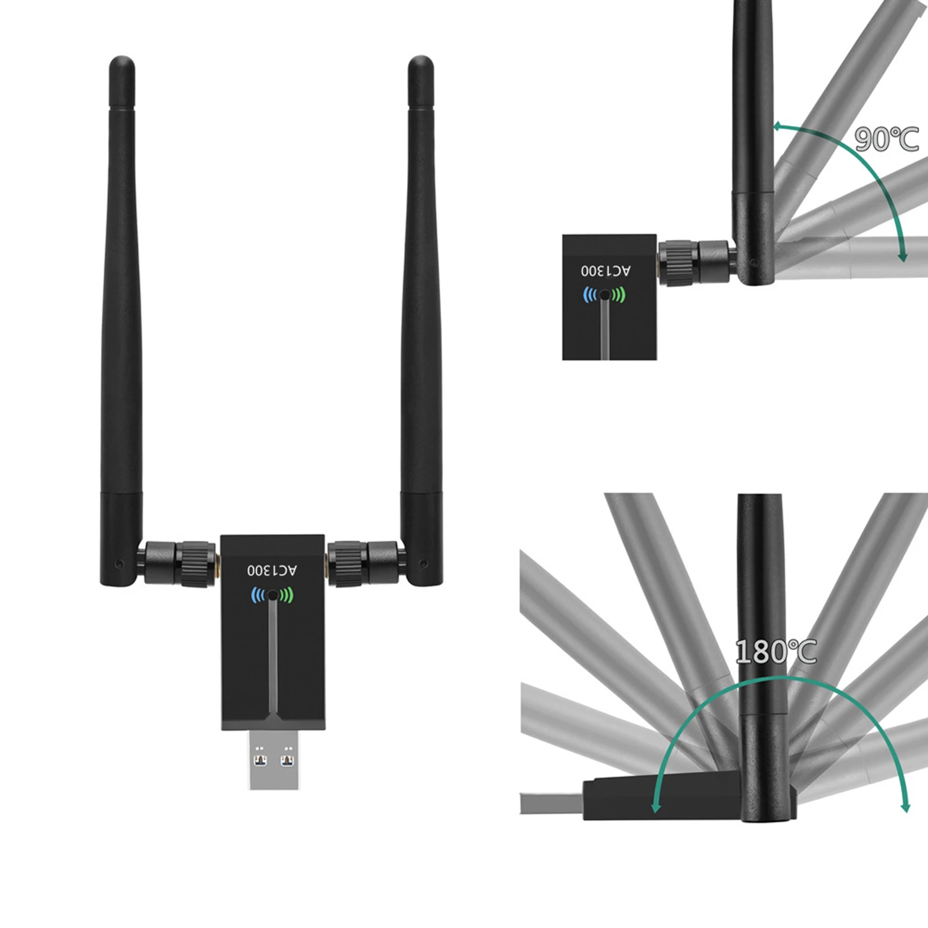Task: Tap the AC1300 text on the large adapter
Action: pos(272,571)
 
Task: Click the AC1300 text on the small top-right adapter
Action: pos(606,270)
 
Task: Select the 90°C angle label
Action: pos(886,139)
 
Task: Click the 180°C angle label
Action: pos(775,652)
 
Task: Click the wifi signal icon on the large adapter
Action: pos(272,595)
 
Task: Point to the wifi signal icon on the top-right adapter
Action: pos(604,295)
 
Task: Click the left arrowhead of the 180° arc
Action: pos(656,807)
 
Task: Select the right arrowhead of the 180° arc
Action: pos(905,807)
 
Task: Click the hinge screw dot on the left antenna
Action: pos(119,563)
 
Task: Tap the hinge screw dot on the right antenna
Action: pos(424,563)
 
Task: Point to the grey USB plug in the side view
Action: pos(551,803)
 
